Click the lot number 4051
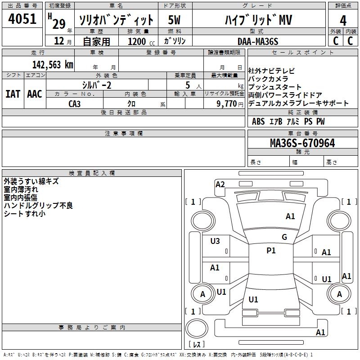coord(22,19)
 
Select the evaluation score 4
coord(343,20)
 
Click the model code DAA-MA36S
coord(258,41)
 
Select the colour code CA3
coord(75,103)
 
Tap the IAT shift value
coord(13,94)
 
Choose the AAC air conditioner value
coord(34,94)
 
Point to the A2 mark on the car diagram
coord(220,184)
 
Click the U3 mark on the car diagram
coord(215,241)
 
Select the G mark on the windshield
coord(284,237)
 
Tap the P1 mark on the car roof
coord(271,251)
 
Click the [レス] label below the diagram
coord(197,344)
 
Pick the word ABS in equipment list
coord(258,121)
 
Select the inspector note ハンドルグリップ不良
coord(38,206)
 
